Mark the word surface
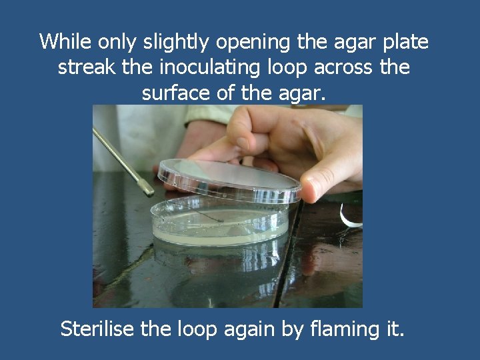(176, 93)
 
